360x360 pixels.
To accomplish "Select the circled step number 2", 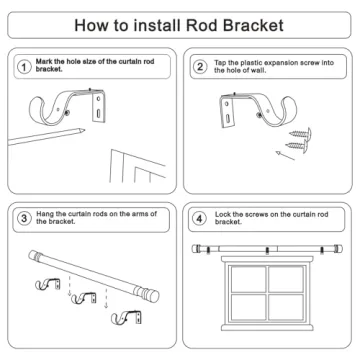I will click(200, 70).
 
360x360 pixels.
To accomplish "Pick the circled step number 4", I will click(200, 217).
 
